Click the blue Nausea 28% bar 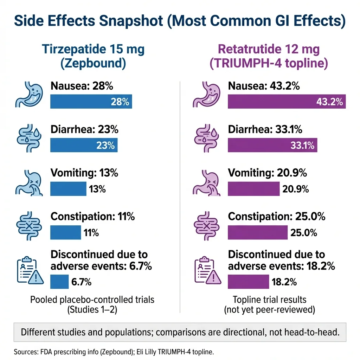91,102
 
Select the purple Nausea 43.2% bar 287,102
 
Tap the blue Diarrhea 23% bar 84,145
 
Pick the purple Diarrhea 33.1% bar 272,145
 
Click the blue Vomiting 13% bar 68,189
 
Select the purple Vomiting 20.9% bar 253,189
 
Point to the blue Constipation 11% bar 65,232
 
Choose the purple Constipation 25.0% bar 258,232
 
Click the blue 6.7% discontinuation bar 59,282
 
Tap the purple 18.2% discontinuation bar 248,282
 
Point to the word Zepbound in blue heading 93,64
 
